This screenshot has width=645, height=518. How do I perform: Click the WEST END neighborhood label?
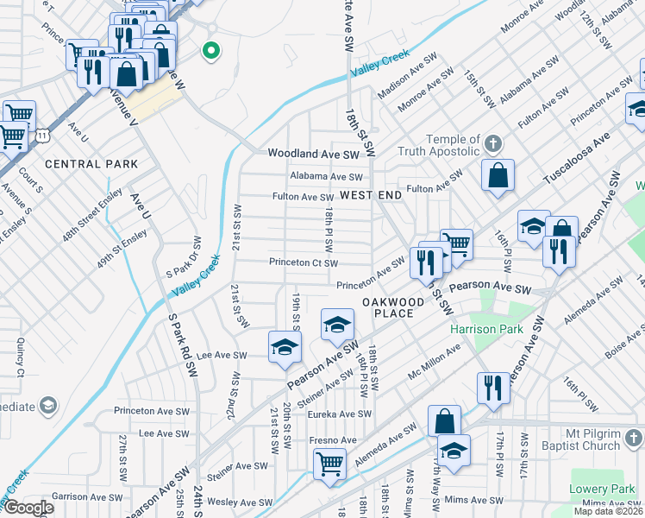coord(371,196)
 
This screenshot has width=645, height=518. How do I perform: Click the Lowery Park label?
coord(602,490)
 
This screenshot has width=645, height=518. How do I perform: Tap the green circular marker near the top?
coord(209,51)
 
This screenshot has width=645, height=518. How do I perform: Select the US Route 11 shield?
coord(42,136)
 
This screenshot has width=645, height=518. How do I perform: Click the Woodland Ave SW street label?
coord(312,154)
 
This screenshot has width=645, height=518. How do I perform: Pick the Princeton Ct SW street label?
coord(303,263)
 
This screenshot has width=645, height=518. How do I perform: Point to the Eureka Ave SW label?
coord(340,414)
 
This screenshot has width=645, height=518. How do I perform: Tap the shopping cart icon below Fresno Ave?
coord(330,464)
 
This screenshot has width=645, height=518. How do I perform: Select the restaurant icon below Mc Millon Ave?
coord(493,385)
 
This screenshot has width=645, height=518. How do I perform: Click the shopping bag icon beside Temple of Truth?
coord(498,175)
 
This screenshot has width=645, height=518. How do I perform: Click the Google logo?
coord(28,508)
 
